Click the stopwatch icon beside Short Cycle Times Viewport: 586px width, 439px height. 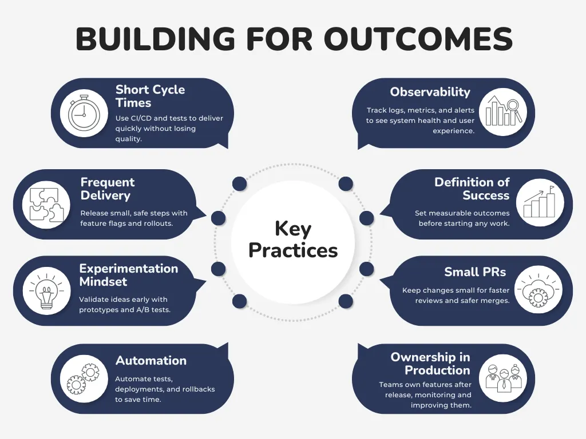point(84,113)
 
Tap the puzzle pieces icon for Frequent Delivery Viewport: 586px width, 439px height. point(46,204)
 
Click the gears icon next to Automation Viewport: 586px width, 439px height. point(84,378)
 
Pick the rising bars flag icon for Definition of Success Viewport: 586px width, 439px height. point(540,204)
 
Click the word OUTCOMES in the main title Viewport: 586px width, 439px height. point(418,39)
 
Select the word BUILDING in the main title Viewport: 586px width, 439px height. point(155,39)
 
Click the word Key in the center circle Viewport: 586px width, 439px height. point(293,229)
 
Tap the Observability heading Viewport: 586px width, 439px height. point(430,92)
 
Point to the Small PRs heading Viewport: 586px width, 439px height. point(475,272)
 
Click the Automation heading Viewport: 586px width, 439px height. point(151,361)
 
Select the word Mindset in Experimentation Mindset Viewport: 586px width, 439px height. point(104,282)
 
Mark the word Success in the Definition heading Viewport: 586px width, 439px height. point(486,195)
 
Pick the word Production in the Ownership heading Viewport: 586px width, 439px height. point(437,370)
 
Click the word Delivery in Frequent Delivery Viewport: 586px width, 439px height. point(105,195)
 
